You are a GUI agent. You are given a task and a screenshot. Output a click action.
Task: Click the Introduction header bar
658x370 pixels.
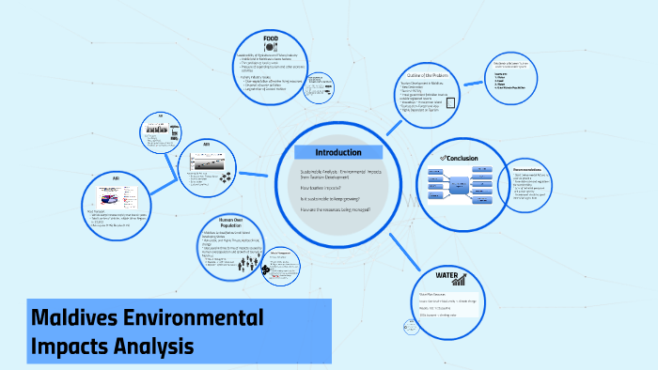338,152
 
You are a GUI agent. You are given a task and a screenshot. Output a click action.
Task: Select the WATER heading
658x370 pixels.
446,275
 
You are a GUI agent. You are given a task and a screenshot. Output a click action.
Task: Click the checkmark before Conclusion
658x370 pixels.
443,158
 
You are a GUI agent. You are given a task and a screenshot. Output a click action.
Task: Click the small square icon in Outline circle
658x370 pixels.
451,105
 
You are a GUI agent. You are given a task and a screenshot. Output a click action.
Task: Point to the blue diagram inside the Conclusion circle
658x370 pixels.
456,187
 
